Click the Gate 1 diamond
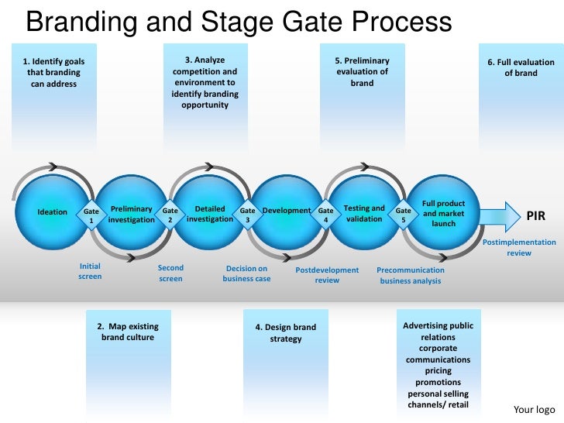point(91,215)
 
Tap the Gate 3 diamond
point(248,215)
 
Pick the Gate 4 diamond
point(326,215)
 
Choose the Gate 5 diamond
point(404,215)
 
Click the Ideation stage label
point(53,212)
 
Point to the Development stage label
point(287,211)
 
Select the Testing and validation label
point(364,213)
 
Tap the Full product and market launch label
point(444,213)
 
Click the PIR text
point(536,216)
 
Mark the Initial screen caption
point(90,270)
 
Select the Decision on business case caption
point(246,273)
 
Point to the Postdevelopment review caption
point(327,275)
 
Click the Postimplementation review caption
point(519,247)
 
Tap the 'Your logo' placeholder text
point(535,409)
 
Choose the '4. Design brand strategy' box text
point(286,333)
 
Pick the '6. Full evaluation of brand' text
point(521,67)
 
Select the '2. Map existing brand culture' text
point(128,332)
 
